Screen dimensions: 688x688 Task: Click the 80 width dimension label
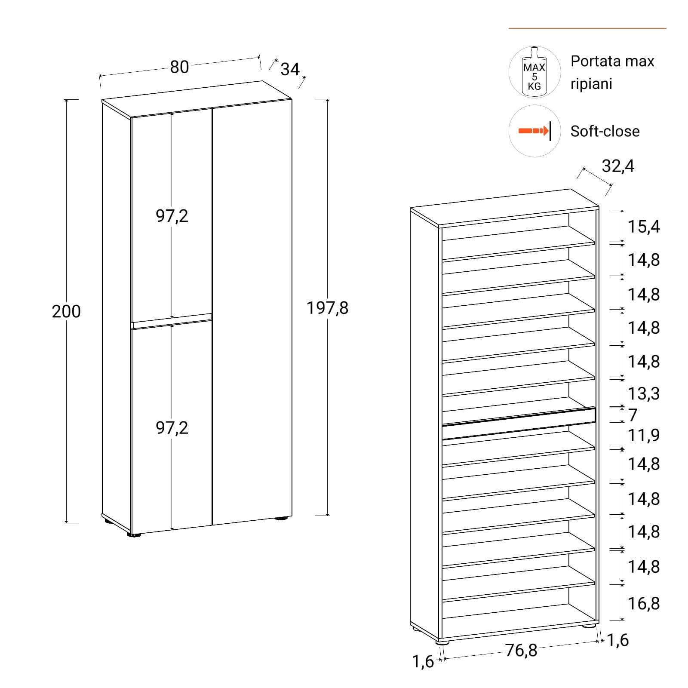pos(179,67)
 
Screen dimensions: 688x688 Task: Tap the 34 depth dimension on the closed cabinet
pos(290,69)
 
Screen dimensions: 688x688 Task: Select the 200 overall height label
pos(66,311)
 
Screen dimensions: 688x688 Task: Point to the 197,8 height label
pos(327,308)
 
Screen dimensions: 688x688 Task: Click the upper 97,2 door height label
pos(172,215)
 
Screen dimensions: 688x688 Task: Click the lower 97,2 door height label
pos(172,428)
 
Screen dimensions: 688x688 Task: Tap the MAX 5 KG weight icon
pos(534,72)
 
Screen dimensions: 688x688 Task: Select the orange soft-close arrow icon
pos(533,131)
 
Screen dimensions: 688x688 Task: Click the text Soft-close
pos(605,131)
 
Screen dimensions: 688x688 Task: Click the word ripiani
pos(591,84)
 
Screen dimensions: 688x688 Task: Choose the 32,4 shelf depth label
pos(618,166)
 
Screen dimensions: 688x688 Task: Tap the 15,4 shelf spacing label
pos(644,227)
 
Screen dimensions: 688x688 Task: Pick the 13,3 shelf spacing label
pos(644,393)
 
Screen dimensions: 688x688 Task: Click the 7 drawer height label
pos(633,415)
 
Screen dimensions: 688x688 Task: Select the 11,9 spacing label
pos(644,435)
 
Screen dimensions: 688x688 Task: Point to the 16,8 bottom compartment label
pos(644,604)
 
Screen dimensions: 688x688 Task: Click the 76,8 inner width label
pos(521,651)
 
